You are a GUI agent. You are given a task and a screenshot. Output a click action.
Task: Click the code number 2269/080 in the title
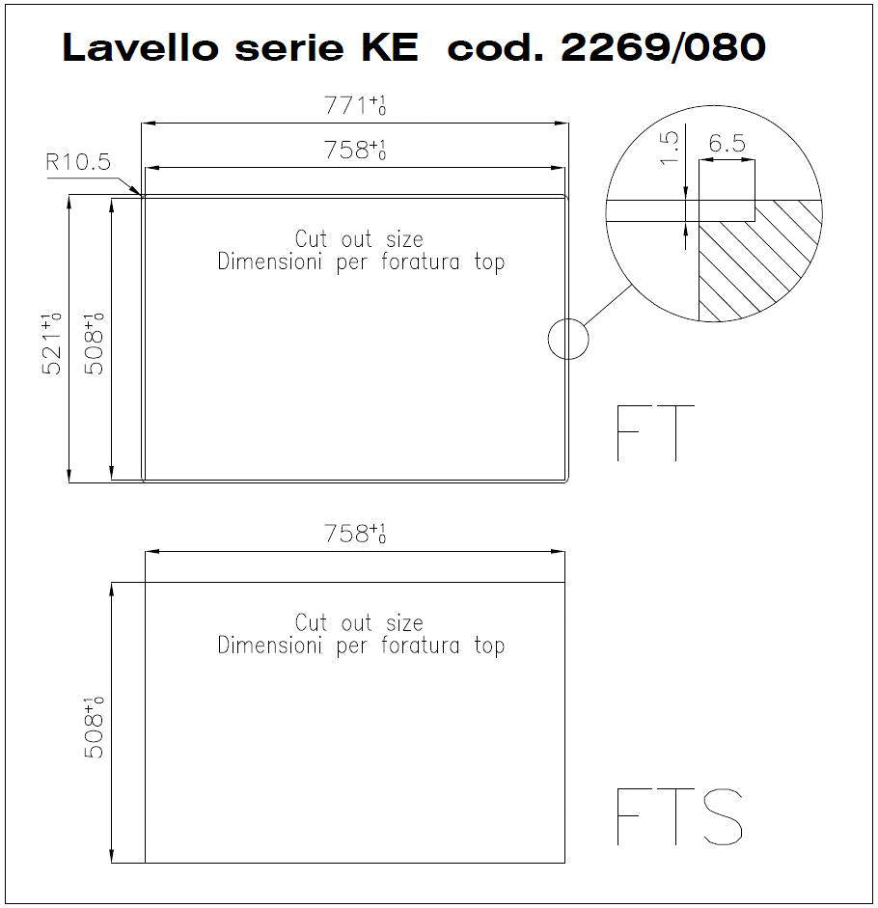click(664, 46)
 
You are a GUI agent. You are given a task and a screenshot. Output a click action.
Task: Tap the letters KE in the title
click(390, 47)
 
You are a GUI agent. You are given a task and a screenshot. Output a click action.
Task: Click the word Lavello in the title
click(140, 46)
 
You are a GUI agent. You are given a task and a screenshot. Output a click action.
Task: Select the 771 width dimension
click(354, 105)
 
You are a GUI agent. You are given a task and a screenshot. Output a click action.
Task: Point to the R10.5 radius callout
click(77, 161)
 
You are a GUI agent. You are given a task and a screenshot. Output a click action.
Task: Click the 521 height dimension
click(51, 344)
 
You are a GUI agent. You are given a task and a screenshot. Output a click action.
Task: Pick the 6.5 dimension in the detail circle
click(727, 143)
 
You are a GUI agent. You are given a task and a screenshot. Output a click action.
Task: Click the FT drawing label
click(655, 432)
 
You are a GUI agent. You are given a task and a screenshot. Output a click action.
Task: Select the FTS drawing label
click(679, 816)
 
